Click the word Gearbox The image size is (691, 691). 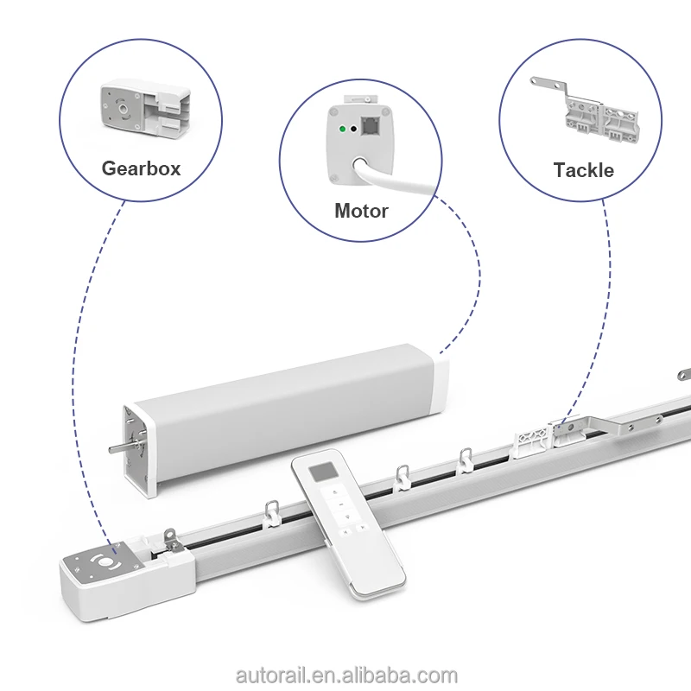141,168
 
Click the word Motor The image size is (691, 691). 361,210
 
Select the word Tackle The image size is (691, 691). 583,170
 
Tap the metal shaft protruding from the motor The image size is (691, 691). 116,449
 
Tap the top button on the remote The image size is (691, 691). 337,493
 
